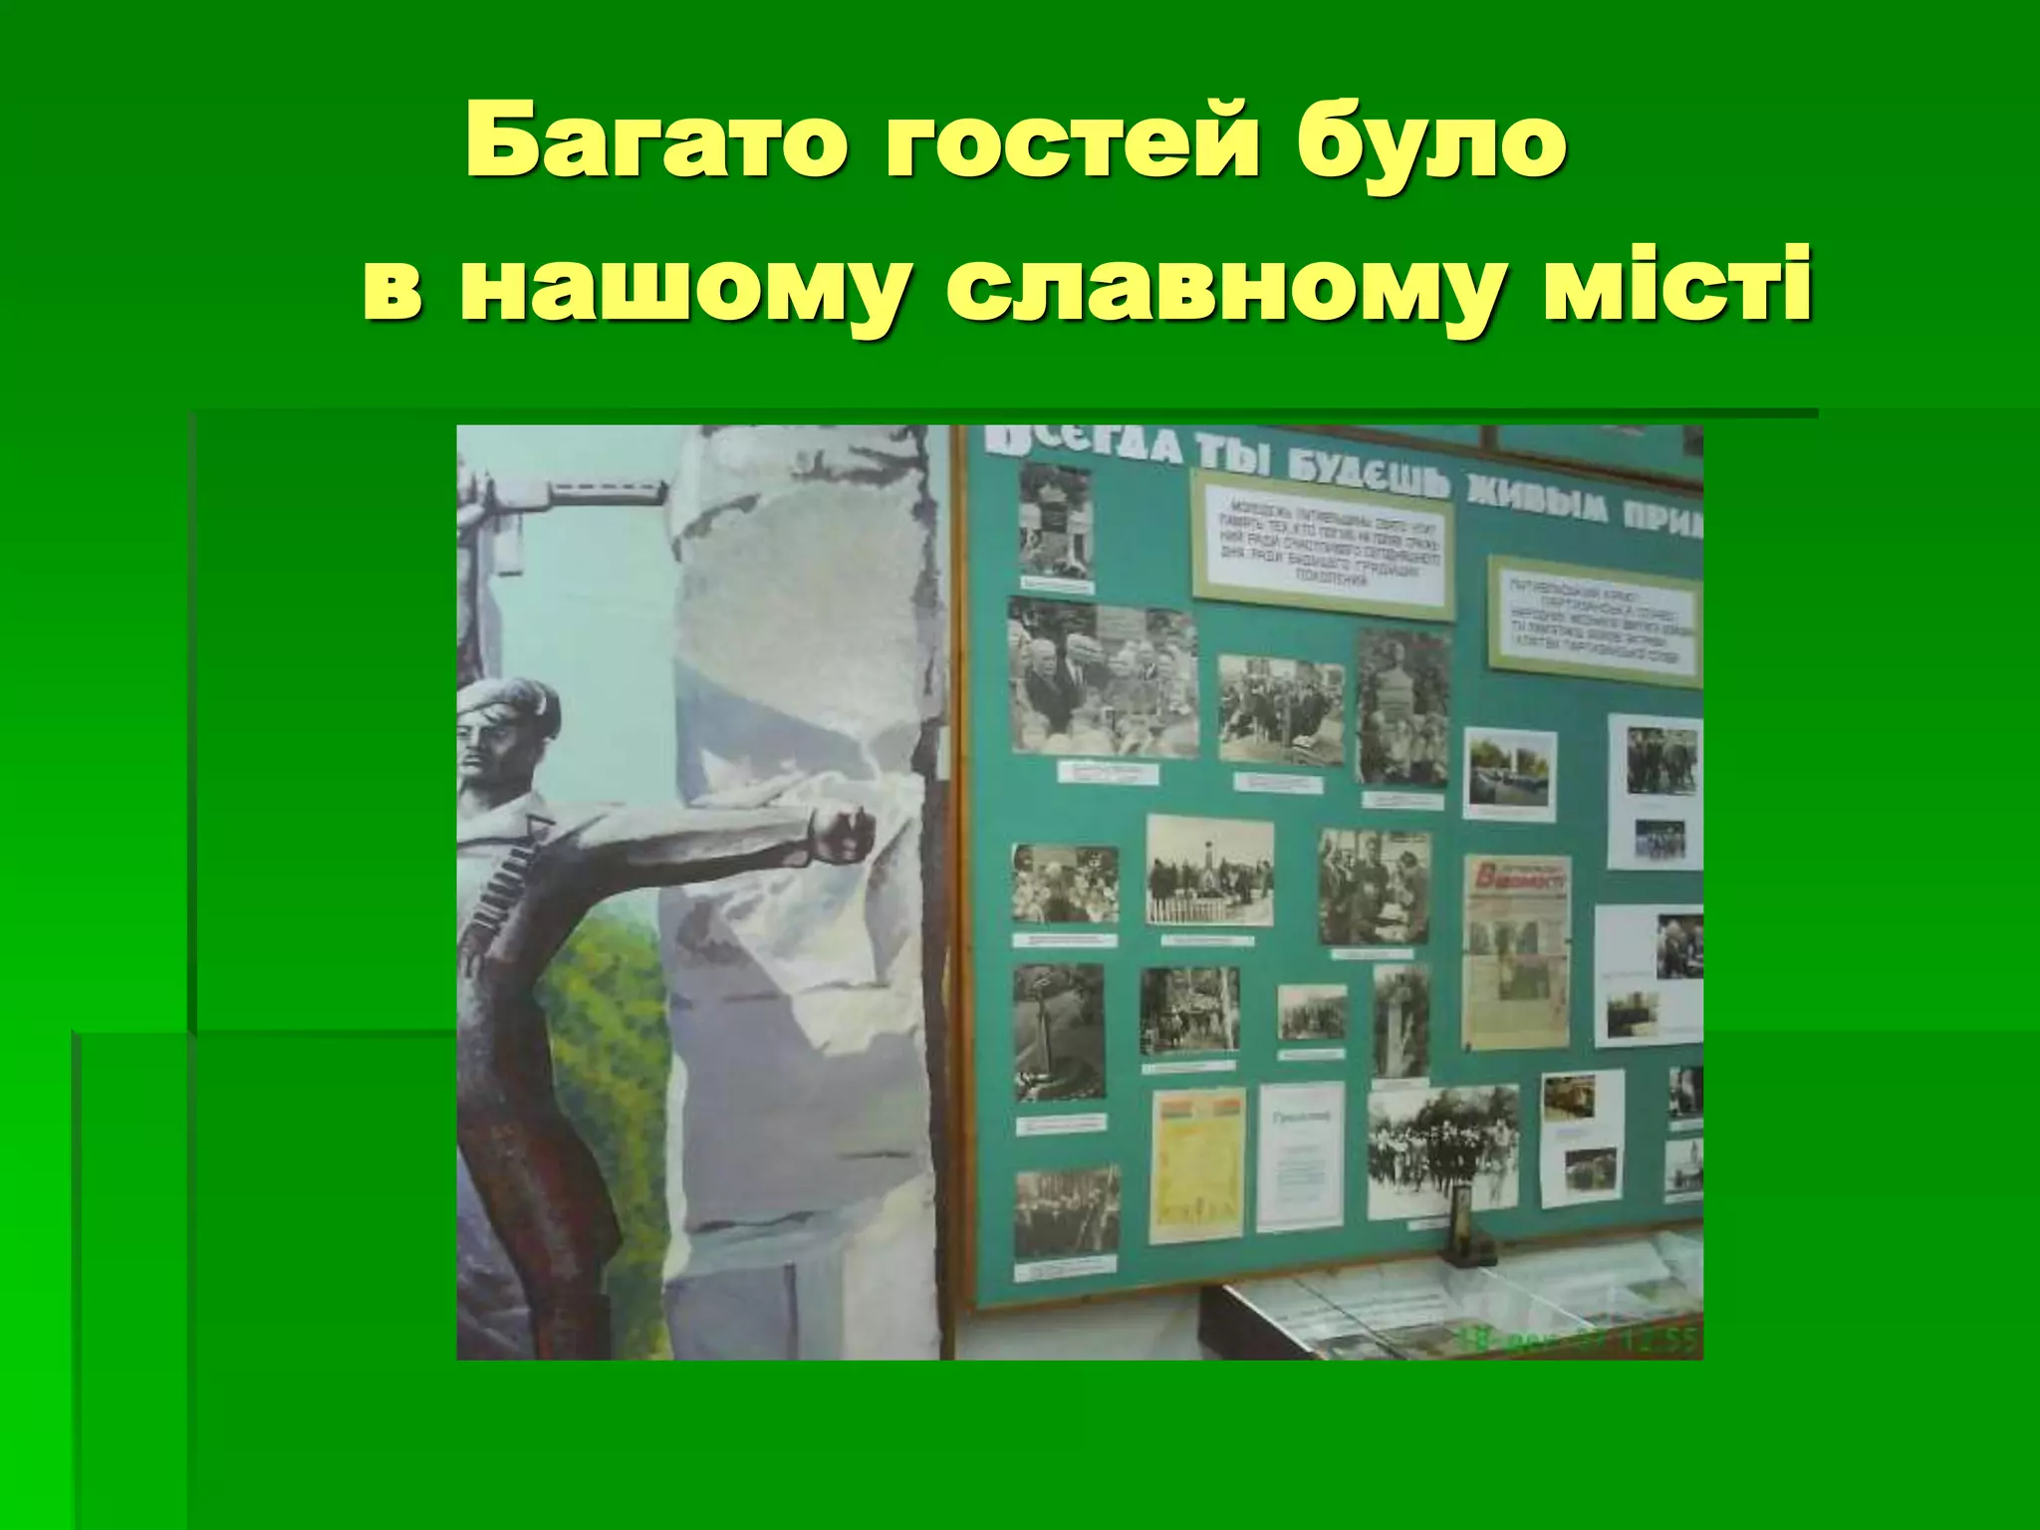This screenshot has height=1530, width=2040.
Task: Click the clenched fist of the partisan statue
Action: click(x=842, y=833)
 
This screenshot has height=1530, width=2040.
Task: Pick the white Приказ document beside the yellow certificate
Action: click(x=1299, y=1155)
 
